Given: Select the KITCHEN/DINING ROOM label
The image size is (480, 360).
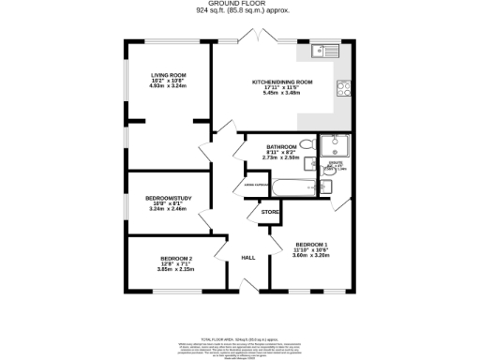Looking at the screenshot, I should pyautogui.click(x=282, y=82).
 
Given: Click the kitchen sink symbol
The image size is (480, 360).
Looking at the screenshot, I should pyautogui.click(x=329, y=50).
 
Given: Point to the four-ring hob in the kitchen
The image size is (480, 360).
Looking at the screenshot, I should pyautogui.click(x=344, y=91).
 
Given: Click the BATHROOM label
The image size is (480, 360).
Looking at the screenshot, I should pyautogui.click(x=281, y=147).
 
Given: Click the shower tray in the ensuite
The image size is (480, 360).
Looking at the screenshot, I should pyautogui.click(x=335, y=145).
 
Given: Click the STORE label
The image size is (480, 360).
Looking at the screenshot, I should pyautogui.click(x=270, y=213).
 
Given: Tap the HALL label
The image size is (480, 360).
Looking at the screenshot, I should pyautogui.click(x=248, y=257).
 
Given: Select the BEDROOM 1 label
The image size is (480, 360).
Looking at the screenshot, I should pyautogui.click(x=310, y=244).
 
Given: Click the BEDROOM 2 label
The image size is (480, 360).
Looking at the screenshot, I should pyautogui.click(x=176, y=259).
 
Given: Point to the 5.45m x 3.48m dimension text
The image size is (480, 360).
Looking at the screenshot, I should pyautogui.click(x=282, y=93).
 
